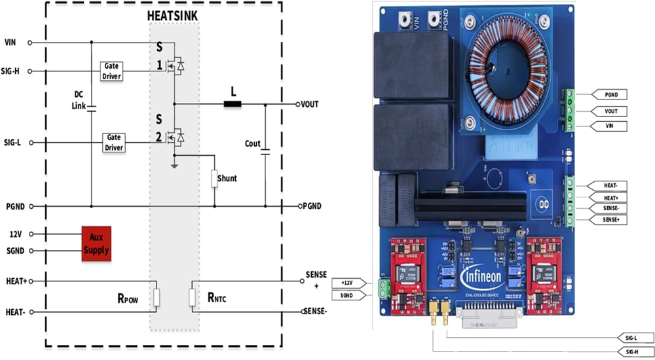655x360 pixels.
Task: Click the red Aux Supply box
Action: tap(96, 243)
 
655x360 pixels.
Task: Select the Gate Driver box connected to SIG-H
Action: tap(112, 71)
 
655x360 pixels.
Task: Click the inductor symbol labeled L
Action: tap(232, 103)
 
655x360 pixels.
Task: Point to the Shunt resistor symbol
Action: tap(214, 178)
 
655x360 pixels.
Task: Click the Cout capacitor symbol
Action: tap(265, 151)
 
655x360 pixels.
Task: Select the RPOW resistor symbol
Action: tap(156, 298)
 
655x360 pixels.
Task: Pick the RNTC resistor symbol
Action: tap(193, 298)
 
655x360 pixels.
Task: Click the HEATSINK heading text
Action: tap(174, 16)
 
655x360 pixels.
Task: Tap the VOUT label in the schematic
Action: tap(308, 104)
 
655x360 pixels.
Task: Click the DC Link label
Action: tap(79, 98)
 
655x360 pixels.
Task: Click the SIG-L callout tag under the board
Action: tap(629, 338)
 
